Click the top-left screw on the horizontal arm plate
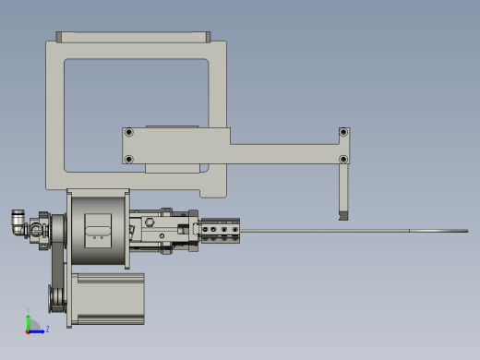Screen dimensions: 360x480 [x=128, y=133]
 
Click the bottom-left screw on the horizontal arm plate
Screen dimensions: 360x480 [x=128, y=159]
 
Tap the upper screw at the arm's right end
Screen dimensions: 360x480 [x=343, y=133]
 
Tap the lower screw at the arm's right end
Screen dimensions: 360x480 [x=343, y=159]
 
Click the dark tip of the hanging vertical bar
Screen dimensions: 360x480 [x=343, y=216]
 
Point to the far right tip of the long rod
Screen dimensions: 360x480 [x=466, y=231]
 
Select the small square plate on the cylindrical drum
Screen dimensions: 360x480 [x=98, y=227]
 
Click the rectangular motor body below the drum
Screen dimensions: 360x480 [x=109, y=297]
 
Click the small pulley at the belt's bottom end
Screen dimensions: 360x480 [x=57, y=299]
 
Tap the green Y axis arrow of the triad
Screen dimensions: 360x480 [x=28, y=320]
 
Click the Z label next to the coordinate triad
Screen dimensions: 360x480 [x=47, y=329]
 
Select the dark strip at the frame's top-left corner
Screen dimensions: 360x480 [x=59, y=37]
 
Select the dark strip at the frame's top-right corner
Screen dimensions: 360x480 [x=207, y=37]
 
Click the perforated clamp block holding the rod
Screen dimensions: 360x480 [x=222, y=230]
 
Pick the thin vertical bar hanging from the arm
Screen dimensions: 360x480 [x=343, y=189]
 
